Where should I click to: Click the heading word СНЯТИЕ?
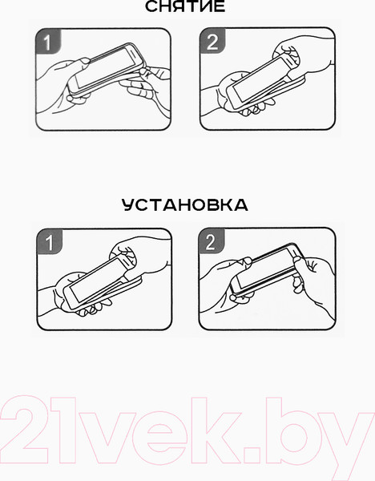coord(185,6)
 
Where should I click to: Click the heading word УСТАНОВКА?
coord(185,205)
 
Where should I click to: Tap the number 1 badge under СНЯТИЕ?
coord(48,42)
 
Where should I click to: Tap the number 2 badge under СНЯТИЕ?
coord(212,41)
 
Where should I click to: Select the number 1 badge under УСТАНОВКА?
coord(50,242)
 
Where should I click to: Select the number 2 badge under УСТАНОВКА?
coord(212,241)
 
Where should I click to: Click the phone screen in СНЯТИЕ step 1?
coord(107,68)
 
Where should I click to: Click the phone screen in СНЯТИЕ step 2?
coord(260,81)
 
